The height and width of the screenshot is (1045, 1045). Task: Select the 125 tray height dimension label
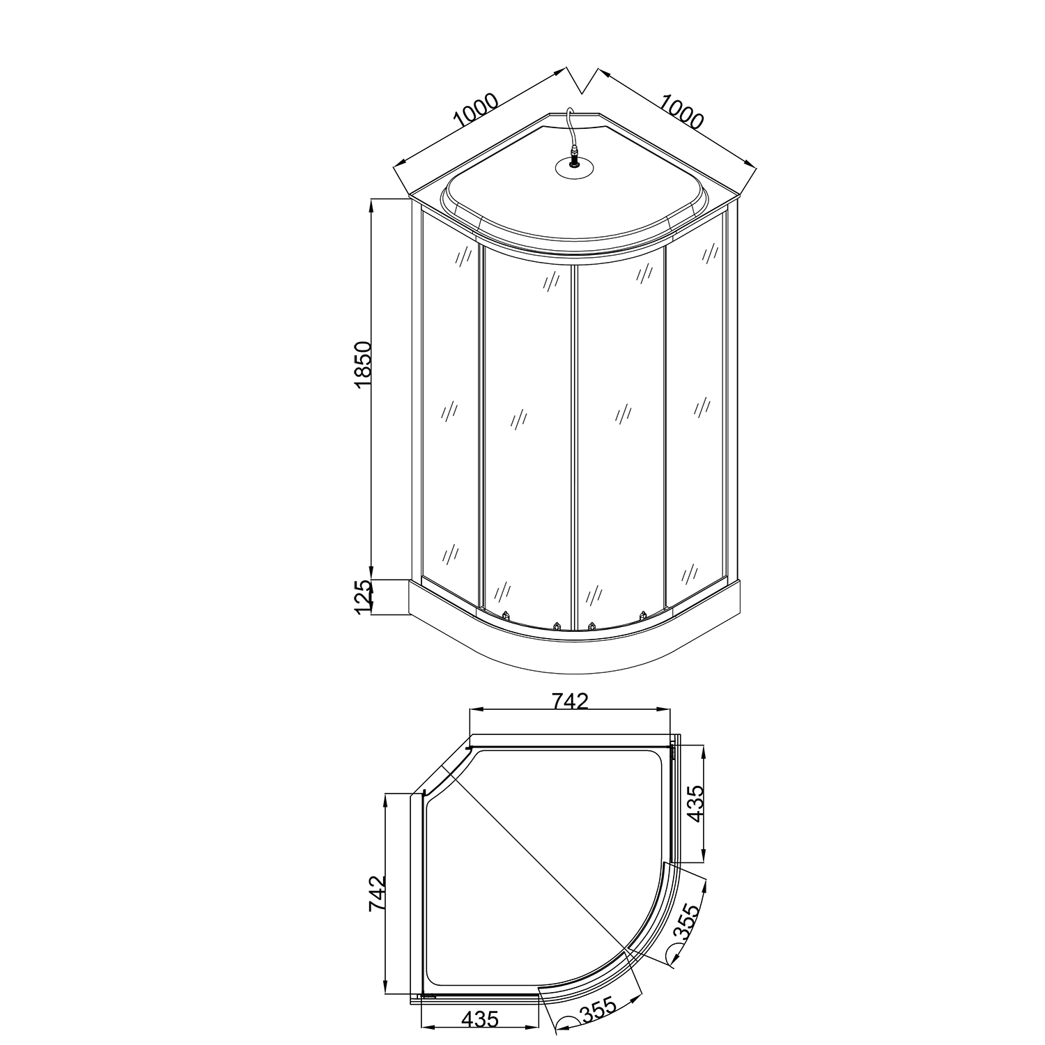(x=364, y=597)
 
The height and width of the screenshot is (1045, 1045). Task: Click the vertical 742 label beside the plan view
(x=377, y=894)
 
